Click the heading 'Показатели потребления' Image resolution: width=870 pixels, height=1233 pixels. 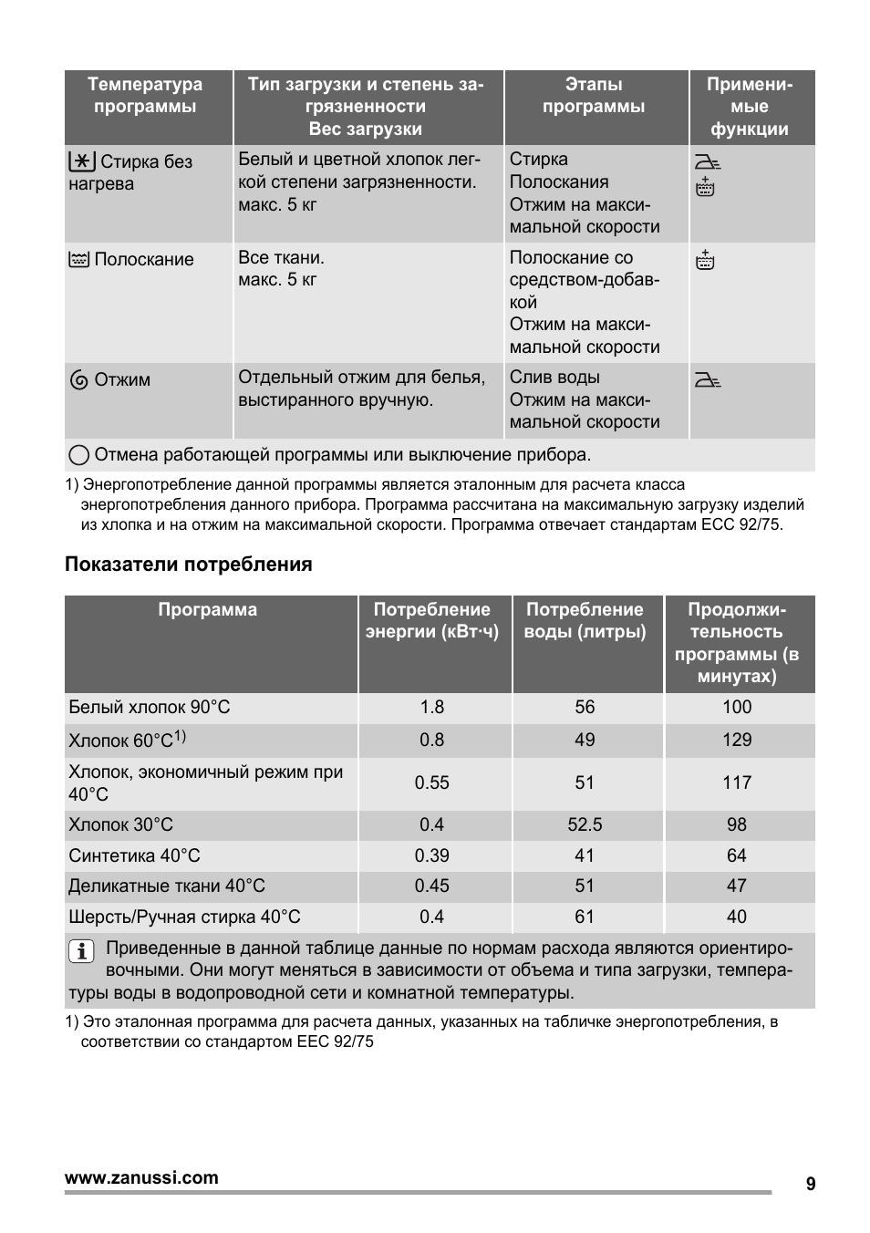pos(188,565)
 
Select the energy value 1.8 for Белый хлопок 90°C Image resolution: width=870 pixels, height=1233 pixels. pos(431,708)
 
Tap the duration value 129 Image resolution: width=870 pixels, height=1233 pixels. pos(737,740)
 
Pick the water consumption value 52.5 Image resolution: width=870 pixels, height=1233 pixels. pos(585,824)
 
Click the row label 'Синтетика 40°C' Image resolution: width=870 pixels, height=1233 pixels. pos(134,855)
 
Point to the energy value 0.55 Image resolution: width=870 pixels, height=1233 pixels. pos(431,782)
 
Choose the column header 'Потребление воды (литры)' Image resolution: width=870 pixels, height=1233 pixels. pos(585,621)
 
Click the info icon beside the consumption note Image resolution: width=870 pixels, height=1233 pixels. pos(81,951)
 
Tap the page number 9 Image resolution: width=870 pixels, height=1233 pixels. pos(811,1184)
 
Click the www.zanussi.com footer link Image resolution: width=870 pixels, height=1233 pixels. pos(141,1177)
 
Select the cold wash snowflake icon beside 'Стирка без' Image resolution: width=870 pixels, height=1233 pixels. pos(81,162)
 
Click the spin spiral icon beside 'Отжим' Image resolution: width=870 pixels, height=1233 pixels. pos(79,380)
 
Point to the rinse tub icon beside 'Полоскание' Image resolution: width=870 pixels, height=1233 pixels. pos(79,260)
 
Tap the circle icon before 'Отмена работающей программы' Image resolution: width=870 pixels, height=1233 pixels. pos(79,455)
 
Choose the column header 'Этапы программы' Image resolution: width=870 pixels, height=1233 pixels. pos(594,96)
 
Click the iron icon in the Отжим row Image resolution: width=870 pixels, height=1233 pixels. pos(707,379)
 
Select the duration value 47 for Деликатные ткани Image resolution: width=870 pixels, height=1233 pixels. pos(737,886)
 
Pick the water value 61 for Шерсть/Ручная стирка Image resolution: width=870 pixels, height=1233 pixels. pos(585,917)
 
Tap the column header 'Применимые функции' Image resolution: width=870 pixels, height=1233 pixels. pos(750,107)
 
